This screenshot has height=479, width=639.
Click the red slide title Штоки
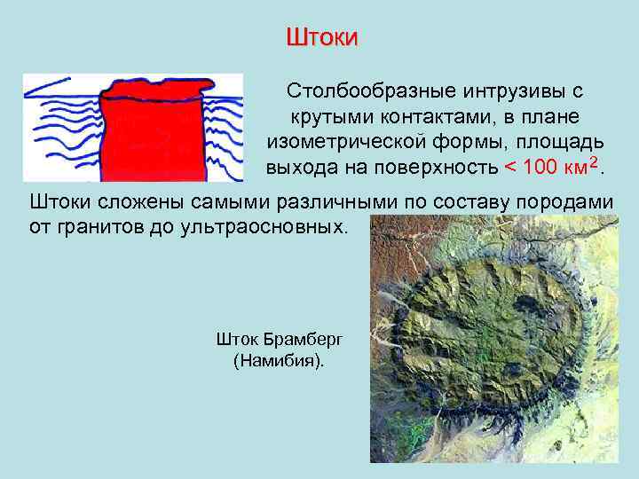tap(321, 37)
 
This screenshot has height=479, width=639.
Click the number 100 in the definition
tap(542, 167)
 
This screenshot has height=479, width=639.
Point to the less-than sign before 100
tap(509, 168)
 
